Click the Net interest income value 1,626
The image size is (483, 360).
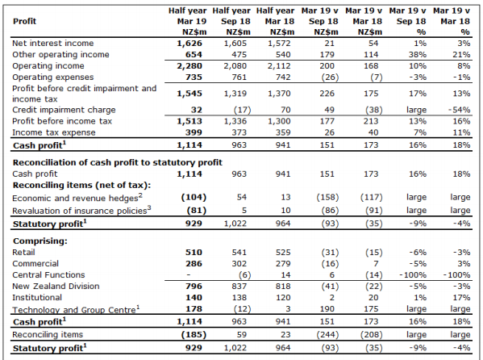[x=189, y=44]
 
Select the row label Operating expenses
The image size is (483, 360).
[x=52, y=77]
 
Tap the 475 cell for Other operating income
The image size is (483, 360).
[x=239, y=55]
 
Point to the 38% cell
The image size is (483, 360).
[x=418, y=55]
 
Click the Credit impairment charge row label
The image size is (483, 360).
[x=64, y=110]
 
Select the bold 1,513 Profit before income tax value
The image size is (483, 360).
[x=189, y=121]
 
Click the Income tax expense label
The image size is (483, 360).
[x=53, y=132]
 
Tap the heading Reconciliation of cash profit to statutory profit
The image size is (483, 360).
[x=118, y=162]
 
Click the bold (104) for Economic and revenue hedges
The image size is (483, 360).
[x=194, y=197]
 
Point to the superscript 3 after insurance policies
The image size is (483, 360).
[x=149, y=207]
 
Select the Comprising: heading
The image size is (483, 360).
[x=40, y=241]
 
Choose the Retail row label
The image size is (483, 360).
[x=23, y=253]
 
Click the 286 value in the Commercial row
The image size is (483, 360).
[x=194, y=264]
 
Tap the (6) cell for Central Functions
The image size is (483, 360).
[x=244, y=275]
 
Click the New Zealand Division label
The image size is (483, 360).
[x=56, y=287]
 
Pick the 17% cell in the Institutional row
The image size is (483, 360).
[x=461, y=298]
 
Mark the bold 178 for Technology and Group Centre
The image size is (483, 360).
[x=194, y=309]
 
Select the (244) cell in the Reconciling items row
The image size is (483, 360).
[x=327, y=335]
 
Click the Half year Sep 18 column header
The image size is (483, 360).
[x=231, y=21]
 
